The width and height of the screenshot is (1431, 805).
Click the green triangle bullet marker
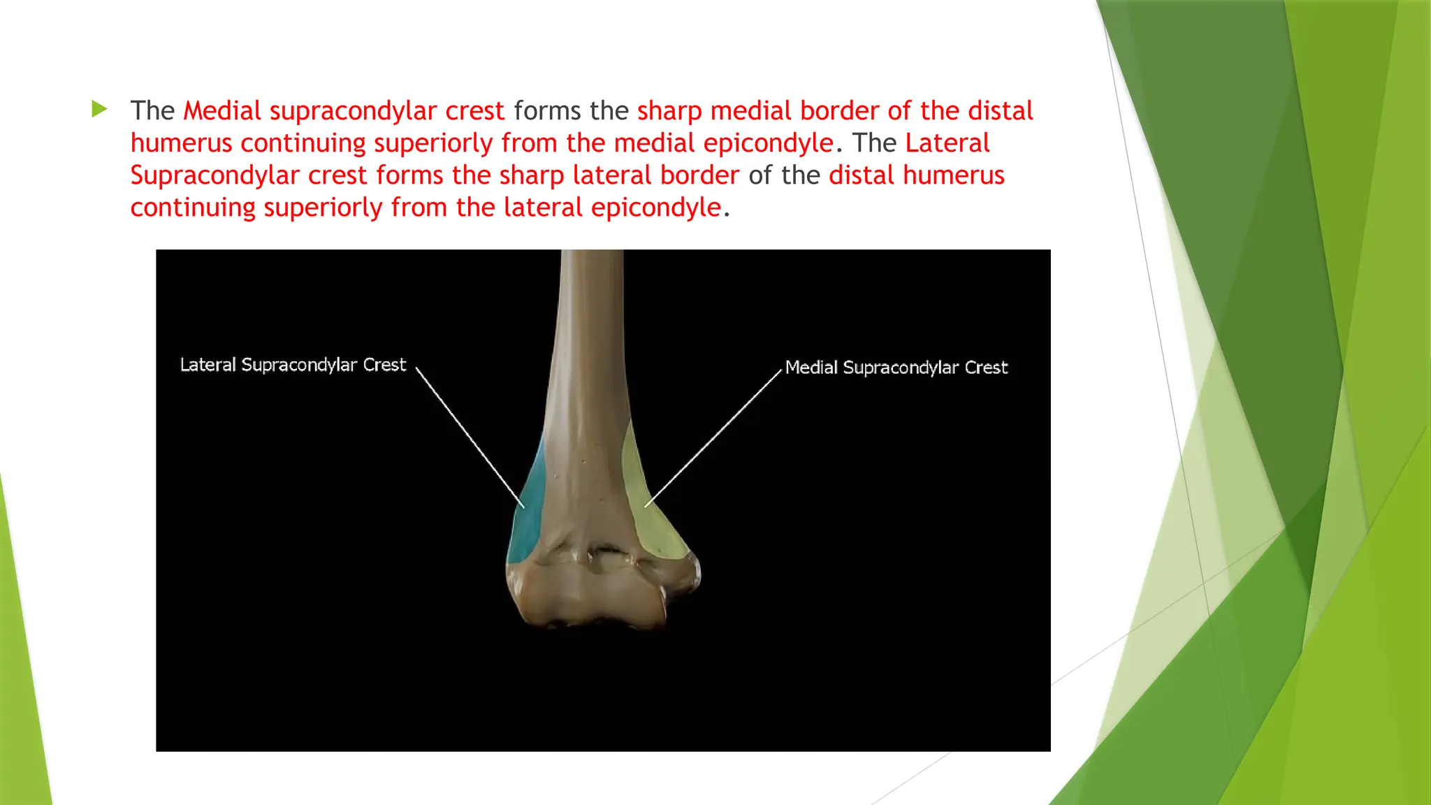click(x=99, y=109)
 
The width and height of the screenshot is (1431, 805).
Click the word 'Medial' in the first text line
click(x=222, y=111)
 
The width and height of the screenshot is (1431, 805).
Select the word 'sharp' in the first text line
click(x=669, y=111)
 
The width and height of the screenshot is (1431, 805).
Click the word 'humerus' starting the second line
click(x=181, y=143)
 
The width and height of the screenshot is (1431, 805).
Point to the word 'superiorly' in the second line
click(x=433, y=143)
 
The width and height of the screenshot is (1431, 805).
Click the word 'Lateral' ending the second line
click(x=947, y=143)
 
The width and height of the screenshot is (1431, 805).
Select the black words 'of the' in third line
click(x=783, y=175)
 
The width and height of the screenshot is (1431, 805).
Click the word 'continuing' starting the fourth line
click(x=193, y=208)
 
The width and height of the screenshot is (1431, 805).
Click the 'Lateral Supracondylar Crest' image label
click(x=293, y=365)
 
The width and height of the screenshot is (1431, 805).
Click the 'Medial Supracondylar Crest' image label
click(x=896, y=368)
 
